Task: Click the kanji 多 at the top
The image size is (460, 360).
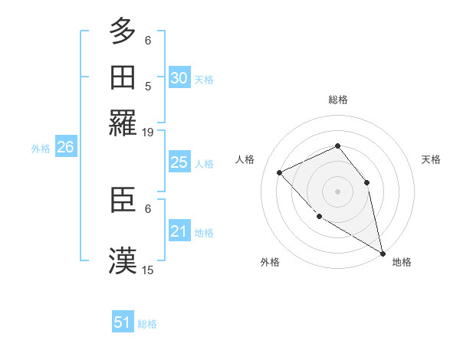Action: click(123, 31)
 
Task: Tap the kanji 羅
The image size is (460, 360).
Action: click(123, 122)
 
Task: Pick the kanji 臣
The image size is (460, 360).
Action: click(123, 201)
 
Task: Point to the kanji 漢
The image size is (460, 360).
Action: click(123, 260)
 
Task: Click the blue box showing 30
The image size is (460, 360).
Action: click(179, 78)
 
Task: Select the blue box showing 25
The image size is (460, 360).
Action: click(179, 162)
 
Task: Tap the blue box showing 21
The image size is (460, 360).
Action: click(179, 231)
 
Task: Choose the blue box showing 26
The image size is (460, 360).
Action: click(65, 148)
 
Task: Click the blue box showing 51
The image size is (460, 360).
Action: click(123, 322)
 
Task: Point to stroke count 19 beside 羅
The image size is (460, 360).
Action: click(148, 133)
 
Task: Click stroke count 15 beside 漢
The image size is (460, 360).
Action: click(148, 269)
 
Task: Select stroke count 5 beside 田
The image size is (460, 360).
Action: click(148, 86)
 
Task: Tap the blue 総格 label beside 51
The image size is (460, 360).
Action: click(147, 324)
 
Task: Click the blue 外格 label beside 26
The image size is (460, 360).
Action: click(41, 149)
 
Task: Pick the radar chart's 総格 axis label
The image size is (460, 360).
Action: click(337, 100)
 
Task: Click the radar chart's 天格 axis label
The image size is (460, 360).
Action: click(432, 159)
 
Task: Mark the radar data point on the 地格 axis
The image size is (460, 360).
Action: click(383, 254)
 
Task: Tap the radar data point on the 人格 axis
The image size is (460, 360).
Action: click(280, 172)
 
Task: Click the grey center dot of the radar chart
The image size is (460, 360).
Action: click(337, 191)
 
